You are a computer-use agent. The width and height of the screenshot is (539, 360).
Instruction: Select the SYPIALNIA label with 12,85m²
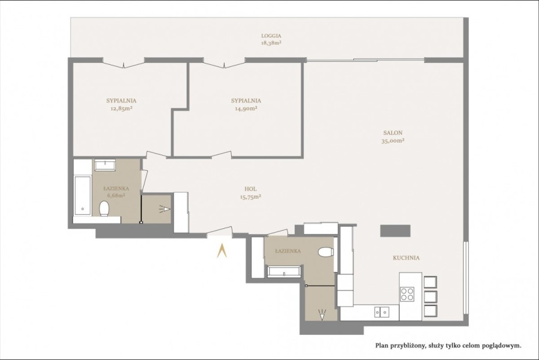122,101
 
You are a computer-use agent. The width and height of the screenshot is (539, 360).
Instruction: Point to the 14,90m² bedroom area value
246,108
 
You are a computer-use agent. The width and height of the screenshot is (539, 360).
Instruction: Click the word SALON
393,133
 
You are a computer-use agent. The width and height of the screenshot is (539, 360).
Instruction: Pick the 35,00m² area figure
393,141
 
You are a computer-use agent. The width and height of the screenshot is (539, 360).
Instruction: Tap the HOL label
251,188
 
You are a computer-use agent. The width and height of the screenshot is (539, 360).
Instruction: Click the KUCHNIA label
406,258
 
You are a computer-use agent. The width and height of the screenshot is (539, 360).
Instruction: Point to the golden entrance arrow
222,250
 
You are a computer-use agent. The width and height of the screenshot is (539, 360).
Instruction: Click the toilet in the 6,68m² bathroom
104,209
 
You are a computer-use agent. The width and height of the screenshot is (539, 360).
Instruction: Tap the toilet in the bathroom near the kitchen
326,252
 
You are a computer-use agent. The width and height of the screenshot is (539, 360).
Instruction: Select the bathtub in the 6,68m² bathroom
82,195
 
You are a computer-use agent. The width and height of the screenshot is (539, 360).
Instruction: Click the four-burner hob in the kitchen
408,294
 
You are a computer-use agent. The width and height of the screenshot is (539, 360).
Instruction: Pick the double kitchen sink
381,311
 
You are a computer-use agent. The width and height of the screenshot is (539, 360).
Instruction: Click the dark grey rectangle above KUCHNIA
396,231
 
